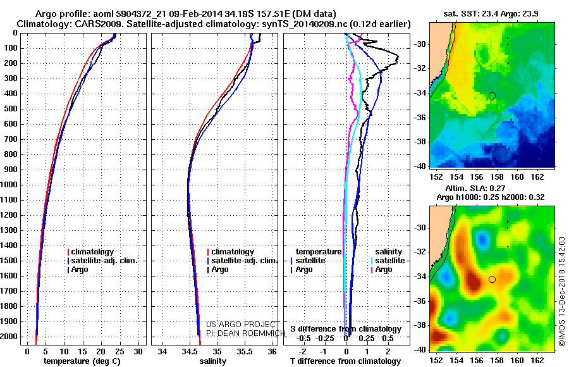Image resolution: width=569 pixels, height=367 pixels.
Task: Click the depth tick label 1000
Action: click(9, 185)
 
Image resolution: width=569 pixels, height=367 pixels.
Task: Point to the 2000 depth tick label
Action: click(9, 337)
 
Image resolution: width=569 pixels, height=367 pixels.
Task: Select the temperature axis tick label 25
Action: click(119, 352)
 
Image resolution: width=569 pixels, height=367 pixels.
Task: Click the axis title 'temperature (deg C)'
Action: click(82, 361)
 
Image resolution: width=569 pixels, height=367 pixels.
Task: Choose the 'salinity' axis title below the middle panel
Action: click(213, 361)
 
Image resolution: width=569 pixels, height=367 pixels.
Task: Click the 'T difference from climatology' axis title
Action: click(345, 361)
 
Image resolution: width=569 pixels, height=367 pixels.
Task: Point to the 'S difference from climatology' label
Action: click(346, 329)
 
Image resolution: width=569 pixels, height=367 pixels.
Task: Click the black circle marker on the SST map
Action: click(492, 96)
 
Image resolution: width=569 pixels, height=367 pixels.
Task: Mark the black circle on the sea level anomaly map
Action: click(492, 280)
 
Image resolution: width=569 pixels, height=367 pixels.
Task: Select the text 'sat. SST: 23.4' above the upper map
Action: click(470, 14)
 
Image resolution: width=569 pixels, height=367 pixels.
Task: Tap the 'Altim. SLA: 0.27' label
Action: click(475, 188)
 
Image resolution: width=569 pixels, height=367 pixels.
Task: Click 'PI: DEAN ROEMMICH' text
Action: click(246, 333)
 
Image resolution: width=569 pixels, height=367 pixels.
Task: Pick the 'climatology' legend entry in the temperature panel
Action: click(90, 252)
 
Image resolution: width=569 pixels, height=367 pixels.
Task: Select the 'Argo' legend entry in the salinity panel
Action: click(219, 270)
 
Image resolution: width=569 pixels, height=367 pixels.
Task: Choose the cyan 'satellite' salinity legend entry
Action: click(388, 261)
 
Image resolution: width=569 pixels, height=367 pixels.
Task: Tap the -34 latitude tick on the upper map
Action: click(420, 93)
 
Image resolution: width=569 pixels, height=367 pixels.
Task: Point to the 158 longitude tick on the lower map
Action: click(497, 360)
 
